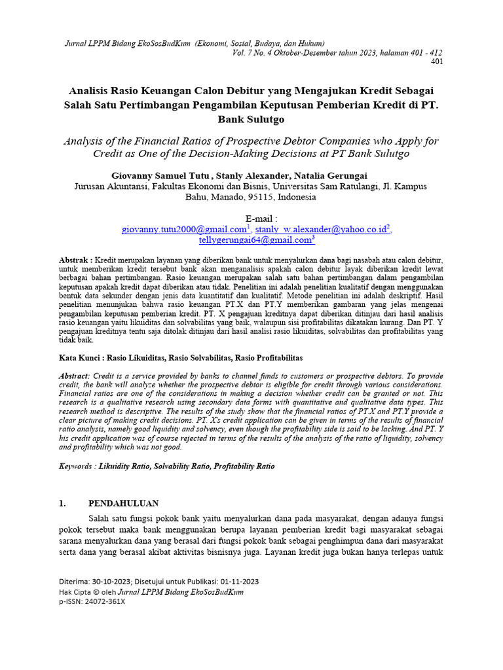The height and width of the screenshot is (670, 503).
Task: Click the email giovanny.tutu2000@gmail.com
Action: point(183,230)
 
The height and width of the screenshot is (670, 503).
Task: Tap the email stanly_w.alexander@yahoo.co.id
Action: point(322,230)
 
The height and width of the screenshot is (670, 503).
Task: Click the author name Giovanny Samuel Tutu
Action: point(163,175)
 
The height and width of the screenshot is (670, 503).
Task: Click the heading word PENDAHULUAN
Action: point(124,503)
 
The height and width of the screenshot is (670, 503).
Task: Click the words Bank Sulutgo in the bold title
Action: point(251,120)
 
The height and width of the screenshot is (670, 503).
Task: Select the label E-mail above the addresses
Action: point(261,219)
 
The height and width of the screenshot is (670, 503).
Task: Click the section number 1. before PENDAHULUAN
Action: point(63,503)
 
